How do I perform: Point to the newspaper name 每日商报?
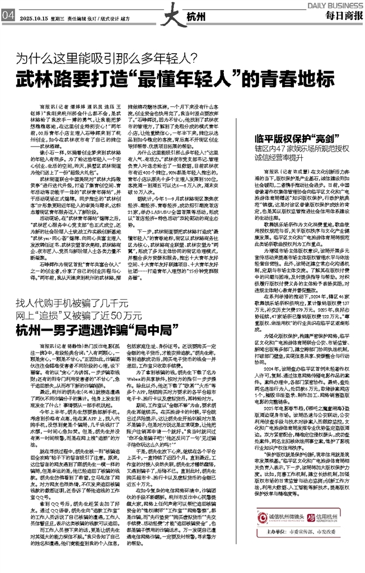(339, 17)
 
